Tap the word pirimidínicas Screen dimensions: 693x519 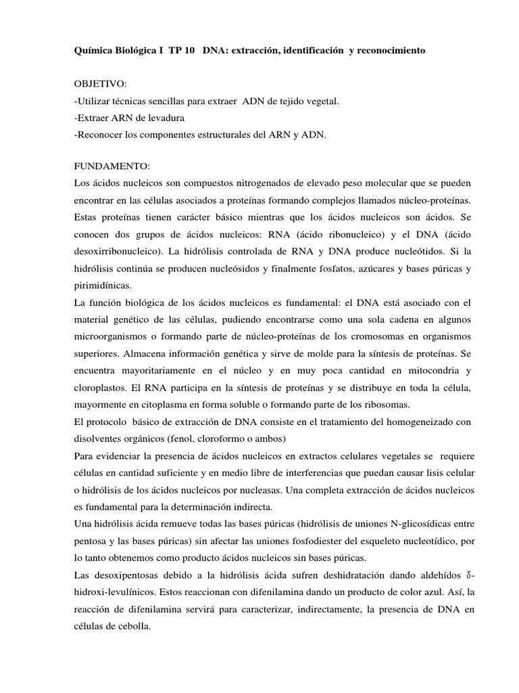tap(105, 284)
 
